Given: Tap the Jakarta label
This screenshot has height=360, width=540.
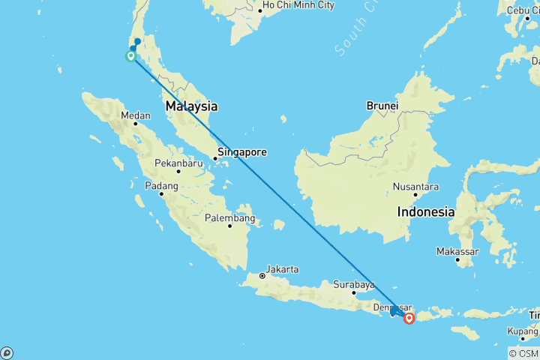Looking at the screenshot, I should click(283, 269).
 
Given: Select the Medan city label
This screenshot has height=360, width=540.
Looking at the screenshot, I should click(136, 115).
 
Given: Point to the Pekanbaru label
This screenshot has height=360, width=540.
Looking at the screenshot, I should click(178, 163).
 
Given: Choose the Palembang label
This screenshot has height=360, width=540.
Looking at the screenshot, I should click(230, 218).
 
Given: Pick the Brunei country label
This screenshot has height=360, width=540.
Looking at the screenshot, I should click(382, 106).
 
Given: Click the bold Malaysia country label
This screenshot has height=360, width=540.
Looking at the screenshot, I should click(191, 106).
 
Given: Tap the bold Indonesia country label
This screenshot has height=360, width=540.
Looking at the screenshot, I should click(426, 212).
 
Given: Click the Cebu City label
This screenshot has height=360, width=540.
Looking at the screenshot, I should click(522, 10).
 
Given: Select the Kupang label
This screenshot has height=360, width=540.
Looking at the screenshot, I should click(523, 331).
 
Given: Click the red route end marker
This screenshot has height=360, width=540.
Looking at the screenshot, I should click(409, 318).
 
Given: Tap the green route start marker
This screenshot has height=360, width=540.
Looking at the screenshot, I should click(130, 55).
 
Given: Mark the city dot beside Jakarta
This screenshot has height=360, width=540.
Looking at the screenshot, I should click(262, 276).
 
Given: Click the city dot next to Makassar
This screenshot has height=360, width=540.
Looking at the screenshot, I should click(457, 259).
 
